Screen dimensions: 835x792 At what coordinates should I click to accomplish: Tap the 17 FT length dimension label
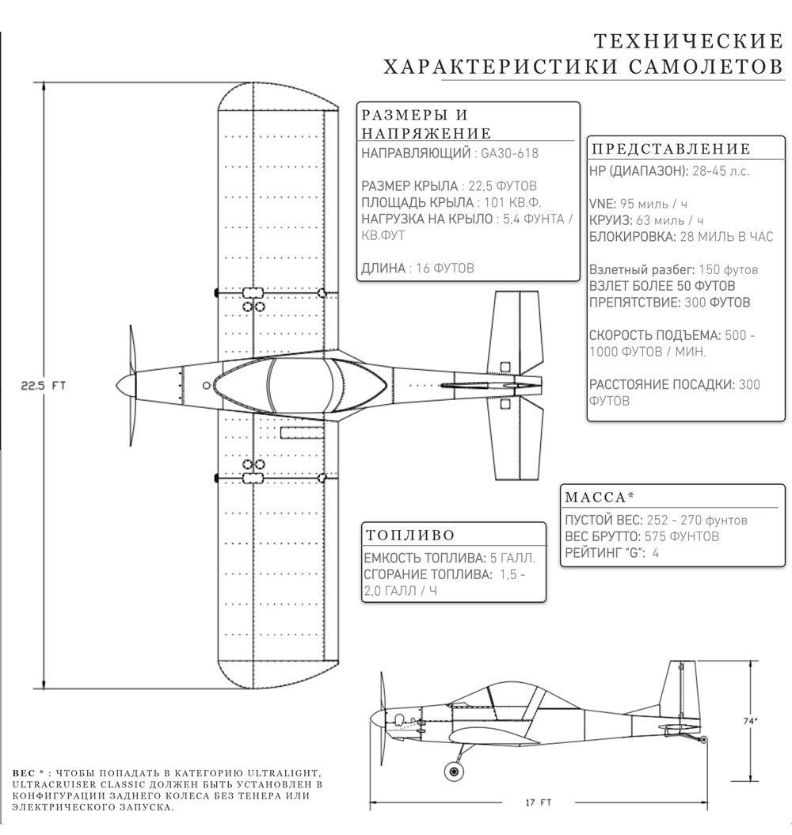pos(539,803)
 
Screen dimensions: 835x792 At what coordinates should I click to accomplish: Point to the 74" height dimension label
pos(750,721)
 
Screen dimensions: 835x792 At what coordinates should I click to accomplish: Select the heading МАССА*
pos(600,497)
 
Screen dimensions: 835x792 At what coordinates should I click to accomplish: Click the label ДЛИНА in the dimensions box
pos(383,269)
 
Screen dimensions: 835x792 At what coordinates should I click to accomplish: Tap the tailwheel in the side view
pos(705,738)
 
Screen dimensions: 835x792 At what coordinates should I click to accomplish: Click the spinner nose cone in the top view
pos(124,385)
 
